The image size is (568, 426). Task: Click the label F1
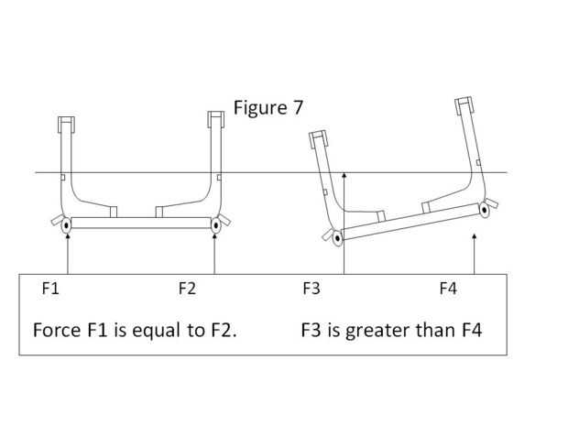click(50, 289)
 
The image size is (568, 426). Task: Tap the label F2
click(187, 289)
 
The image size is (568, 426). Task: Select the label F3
click(311, 289)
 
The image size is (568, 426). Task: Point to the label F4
click(448, 289)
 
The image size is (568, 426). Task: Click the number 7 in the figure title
click(297, 108)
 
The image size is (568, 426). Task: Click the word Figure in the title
click(260, 108)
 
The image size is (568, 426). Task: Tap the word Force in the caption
click(57, 330)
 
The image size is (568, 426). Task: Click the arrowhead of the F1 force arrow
click(68, 236)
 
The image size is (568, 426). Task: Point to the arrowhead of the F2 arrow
click(214, 236)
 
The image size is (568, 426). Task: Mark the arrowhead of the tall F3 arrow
click(344, 175)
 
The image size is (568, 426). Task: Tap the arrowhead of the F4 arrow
click(475, 236)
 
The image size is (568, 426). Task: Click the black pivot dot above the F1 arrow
click(66, 225)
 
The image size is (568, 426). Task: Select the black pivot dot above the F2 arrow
click(216, 225)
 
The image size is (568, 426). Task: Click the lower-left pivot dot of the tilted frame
click(338, 238)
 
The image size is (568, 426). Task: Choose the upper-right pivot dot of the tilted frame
click(485, 210)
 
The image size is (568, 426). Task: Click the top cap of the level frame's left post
click(66, 125)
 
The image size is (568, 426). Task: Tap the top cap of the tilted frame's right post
click(464, 105)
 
